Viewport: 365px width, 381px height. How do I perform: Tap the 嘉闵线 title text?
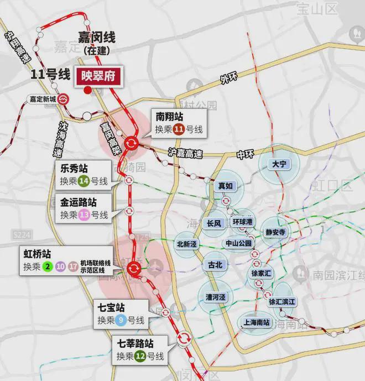pyautogui.click(x=96, y=38)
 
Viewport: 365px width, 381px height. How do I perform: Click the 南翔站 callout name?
pyautogui.click(x=169, y=117)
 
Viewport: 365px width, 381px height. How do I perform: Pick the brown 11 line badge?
pyautogui.click(x=178, y=131)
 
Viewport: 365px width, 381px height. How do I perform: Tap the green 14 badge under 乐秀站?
pyautogui.click(x=85, y=180)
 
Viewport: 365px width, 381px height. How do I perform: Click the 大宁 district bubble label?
pyautogui.click(x=278, y=164)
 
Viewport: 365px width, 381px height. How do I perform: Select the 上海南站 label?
pyautogui.click(x=256, y=322)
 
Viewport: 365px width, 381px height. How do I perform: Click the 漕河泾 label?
pyautogui.click(x=216, y=297)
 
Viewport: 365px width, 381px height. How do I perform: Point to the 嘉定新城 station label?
pyautogui.click(x=43, y=100)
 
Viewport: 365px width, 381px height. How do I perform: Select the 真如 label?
pyautogui.click(x=226, y=186)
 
